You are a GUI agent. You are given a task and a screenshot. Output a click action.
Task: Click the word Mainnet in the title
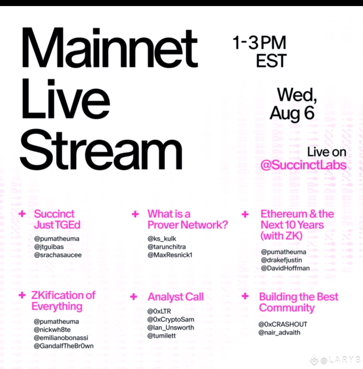click(110, 48)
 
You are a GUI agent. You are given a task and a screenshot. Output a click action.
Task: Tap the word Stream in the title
click(101, 149)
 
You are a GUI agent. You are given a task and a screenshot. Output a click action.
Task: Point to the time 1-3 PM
click(259, 42)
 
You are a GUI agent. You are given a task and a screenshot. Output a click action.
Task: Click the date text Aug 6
click(292, 113)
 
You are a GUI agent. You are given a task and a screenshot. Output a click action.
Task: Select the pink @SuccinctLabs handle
click(303, 165)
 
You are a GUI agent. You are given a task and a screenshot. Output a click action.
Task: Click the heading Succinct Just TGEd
click(57, 219)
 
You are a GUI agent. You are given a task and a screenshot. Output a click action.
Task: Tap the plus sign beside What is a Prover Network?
click(135, 214)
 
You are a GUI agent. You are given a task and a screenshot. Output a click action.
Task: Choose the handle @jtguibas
click(49, 247)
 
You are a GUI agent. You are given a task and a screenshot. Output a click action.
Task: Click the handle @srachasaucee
click(58, 255)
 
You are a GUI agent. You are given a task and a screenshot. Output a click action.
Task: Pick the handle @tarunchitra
click(167, 247)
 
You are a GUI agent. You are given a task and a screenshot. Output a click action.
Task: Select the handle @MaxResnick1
click(170, 255)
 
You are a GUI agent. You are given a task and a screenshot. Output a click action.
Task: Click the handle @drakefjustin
click(281, 260)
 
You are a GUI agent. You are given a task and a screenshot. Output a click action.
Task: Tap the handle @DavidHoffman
click(285, 268)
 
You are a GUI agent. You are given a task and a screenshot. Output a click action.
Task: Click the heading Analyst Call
click(176, 297)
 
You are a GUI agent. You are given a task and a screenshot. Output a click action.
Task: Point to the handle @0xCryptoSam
click(171, 319)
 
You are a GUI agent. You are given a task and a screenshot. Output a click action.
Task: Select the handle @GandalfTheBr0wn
click(64, 346)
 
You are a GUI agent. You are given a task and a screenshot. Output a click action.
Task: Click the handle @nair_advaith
click(279, 333)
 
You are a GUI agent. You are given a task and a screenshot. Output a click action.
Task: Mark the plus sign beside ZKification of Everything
click(22, 295)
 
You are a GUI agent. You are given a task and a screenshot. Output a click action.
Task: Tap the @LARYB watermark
click(336, 360)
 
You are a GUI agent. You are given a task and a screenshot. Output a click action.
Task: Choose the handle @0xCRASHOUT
click(283, 324)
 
